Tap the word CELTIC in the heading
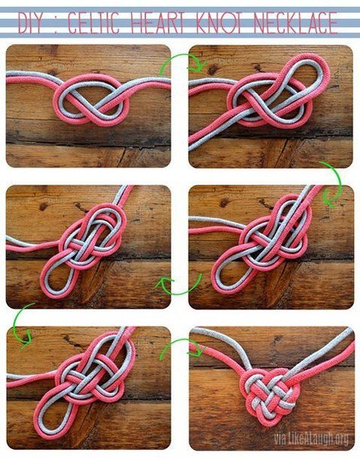[93, 22]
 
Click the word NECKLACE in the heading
[296, 22]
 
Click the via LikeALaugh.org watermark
[311, 438]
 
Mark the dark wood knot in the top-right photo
[212, 70]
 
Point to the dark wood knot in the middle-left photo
[43, 207]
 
